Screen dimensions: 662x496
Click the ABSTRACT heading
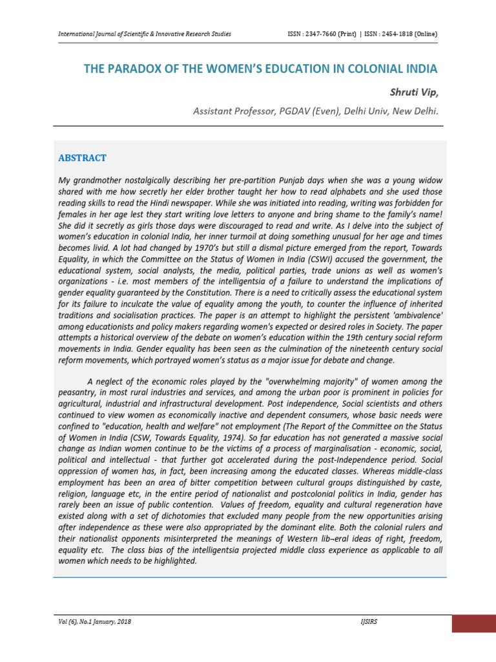pyautogui.click(x=83, y=158)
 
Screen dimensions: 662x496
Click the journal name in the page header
pyautogui.click(x=145, y=34)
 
